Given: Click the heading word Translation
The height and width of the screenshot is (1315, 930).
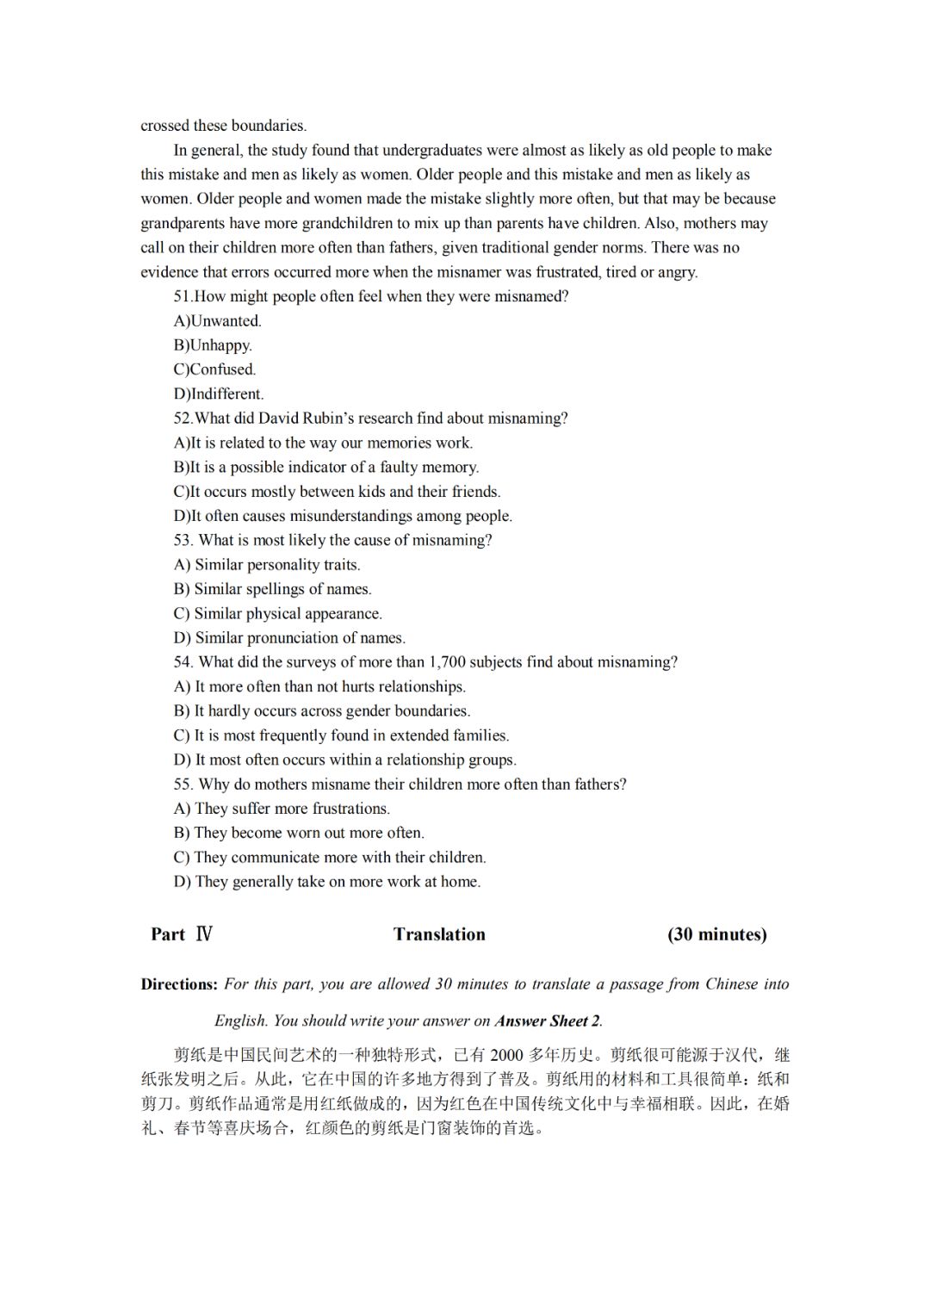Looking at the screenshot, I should [439, 934].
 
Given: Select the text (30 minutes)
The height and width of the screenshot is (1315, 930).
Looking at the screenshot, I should [716, 934].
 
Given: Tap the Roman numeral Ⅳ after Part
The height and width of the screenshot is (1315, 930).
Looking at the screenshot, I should [204, 934].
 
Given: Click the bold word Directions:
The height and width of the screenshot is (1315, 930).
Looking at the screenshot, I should [179, 984].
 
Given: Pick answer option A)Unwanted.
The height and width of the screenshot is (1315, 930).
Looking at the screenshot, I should [218, 321].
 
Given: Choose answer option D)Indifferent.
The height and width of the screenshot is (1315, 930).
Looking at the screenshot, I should [219, 394].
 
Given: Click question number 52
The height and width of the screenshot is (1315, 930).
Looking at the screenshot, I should [183, 419].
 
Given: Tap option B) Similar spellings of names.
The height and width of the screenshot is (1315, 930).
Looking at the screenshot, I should [273, 589].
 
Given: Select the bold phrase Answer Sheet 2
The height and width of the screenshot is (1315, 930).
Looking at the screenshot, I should [547, 1021].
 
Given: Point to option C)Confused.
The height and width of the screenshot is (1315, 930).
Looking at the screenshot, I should [215, 369].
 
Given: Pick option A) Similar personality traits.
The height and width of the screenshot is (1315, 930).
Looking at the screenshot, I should [267, 565].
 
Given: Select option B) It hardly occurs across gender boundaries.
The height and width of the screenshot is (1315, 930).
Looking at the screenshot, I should [322, 711].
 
